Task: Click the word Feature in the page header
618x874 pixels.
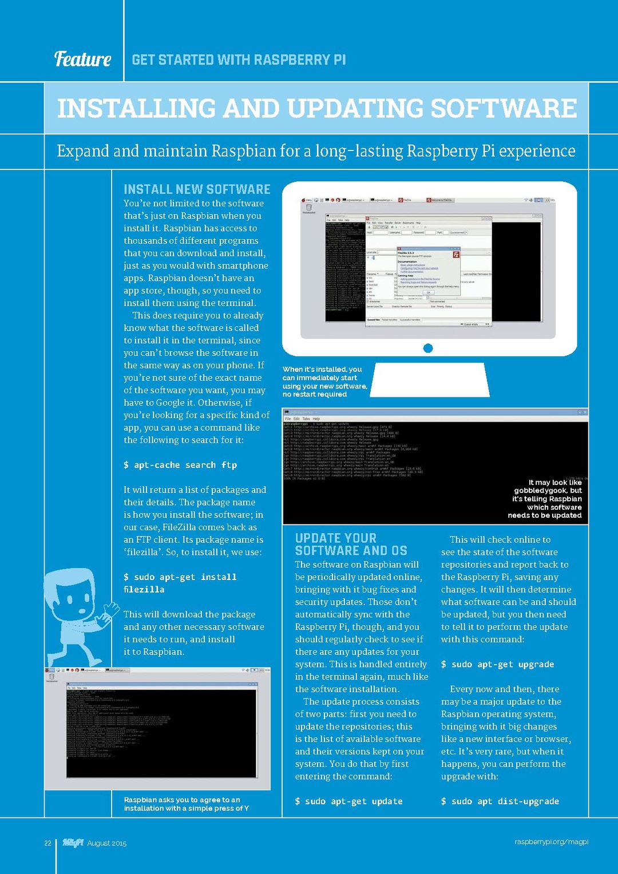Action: click(83, 59)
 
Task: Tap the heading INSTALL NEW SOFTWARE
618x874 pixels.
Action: click(197, 189)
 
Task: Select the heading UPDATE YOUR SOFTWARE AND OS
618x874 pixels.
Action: click(351, 545)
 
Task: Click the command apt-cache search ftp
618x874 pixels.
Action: click(180, 465)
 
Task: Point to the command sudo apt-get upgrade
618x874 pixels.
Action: click(497, 664)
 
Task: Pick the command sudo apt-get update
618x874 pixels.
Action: click(348, 801)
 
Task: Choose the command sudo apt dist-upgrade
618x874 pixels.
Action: click(500, 801)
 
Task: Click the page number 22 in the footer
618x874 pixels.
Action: click(48, 843)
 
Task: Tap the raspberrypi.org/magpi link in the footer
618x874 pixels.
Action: click(551, 841)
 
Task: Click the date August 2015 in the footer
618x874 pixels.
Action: click(107, 843)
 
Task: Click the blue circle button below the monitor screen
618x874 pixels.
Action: click(428, 348)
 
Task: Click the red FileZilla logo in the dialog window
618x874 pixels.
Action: click(456, 255)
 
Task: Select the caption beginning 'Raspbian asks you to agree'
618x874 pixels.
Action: click(187, 804)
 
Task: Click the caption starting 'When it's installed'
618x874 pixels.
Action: click(324, 382)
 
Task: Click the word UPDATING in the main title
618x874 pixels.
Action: click(355, 108)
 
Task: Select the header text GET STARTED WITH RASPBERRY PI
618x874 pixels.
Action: click(239, 60)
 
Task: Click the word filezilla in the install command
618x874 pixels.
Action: click(144, 589)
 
